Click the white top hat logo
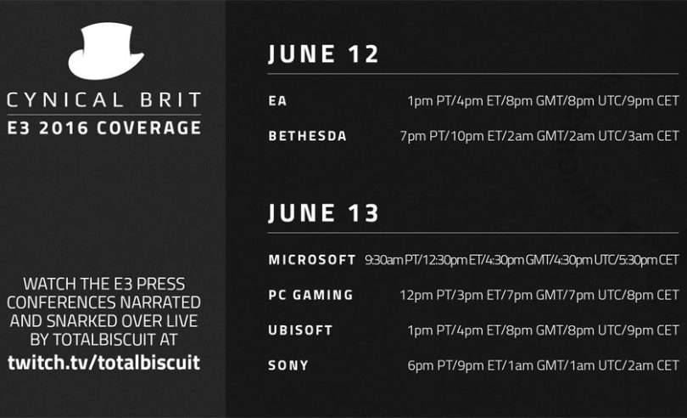coord(105,51)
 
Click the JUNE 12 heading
coord(323,54)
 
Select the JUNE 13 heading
coord(323,213)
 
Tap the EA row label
coord(278,101)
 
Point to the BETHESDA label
coord(308,136)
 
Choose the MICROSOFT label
coord(312,260)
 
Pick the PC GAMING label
coord(310,295)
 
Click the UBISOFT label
coord(300,330)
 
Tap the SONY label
coord(288,365)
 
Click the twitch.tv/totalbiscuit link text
coord(103,363)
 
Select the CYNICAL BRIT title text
coord(103,100)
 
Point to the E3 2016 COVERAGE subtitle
coord(104,127)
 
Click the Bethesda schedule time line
coord(539,136)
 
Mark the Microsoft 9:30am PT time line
coord(522,260)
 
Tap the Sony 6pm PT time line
coord(544,365)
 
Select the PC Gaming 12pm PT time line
coord(539,295)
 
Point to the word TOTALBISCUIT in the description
coord(104,339)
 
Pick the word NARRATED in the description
coord(160,302)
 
